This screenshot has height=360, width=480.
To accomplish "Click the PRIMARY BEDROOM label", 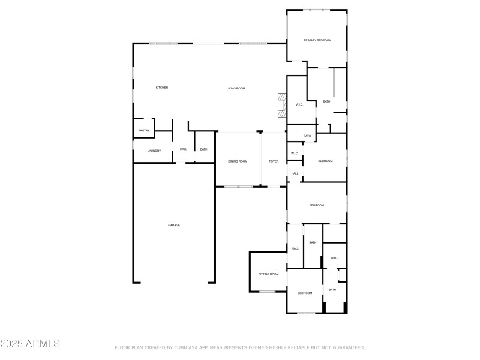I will (317, 40).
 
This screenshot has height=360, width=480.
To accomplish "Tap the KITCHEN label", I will (162, 88).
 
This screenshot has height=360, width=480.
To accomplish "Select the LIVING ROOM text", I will (236, 89).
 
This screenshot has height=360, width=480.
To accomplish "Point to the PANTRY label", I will (144, 131).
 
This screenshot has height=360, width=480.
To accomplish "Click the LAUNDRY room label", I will (154, 151).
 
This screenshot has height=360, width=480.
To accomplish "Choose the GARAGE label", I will (174, 225).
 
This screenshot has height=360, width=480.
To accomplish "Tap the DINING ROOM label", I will (238, 161).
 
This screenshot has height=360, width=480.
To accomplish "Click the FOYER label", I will (274, 161).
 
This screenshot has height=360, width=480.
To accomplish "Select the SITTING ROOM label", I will (268, 274).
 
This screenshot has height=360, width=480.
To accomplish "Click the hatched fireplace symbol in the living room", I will (280, 105).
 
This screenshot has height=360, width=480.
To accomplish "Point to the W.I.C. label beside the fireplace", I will (299, 105).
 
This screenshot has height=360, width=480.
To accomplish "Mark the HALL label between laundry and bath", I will (183, 149).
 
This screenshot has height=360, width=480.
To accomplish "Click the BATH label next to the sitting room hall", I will (313, 242).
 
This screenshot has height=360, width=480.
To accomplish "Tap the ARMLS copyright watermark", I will (30, 344).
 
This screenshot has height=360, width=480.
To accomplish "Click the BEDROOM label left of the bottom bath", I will (305, 293).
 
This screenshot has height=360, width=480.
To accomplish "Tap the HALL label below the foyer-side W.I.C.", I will (295, 173).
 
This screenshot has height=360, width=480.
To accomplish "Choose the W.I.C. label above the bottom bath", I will (334, 258).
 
